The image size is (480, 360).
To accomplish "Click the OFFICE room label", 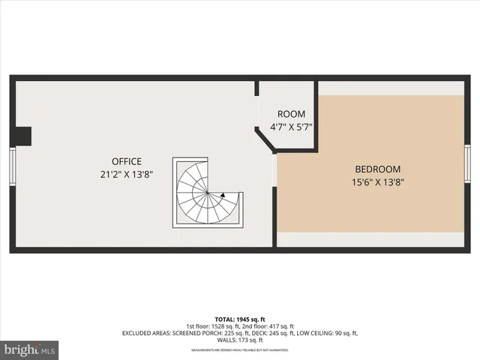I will [126, 161].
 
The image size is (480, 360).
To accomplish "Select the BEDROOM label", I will [377, 169].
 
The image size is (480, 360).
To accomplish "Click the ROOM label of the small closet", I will [291, 115].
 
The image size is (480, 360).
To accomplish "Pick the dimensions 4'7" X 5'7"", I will [291, 127].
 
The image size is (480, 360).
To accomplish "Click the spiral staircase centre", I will [205, 193].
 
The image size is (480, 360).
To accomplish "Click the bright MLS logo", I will [29, 349].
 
